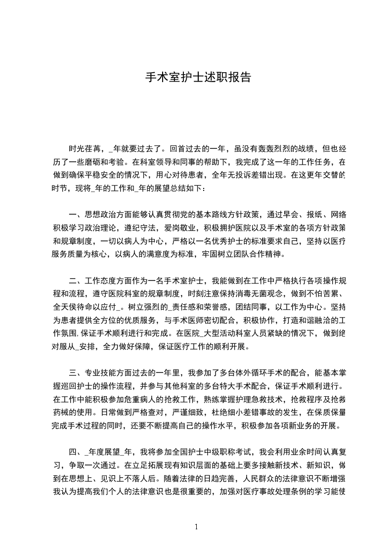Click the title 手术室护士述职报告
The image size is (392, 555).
pos(197,78)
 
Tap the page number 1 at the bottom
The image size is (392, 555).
pos(196,526)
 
